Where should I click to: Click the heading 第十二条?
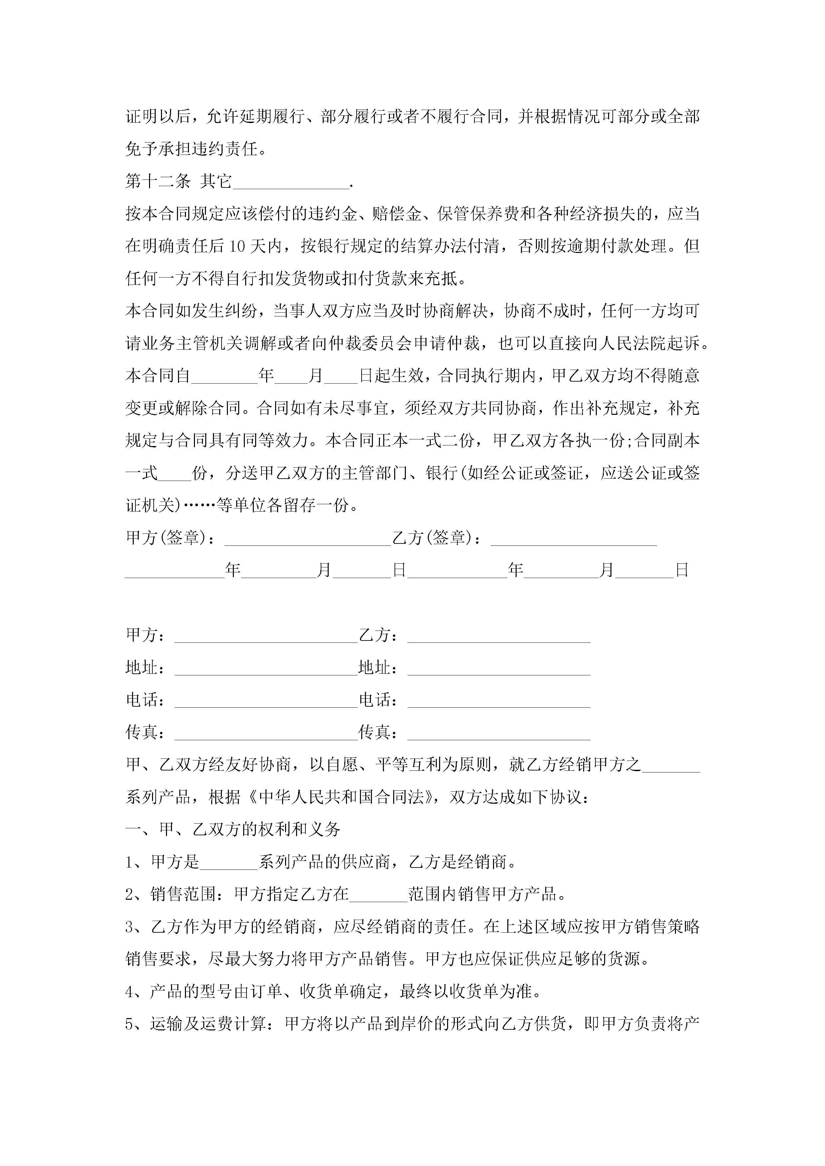click(158, 181)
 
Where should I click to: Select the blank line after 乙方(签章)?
click(574, 539)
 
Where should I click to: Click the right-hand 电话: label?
click(378, 700)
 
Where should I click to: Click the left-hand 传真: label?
click(145, 733)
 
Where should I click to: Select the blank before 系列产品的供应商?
click(229, 863)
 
